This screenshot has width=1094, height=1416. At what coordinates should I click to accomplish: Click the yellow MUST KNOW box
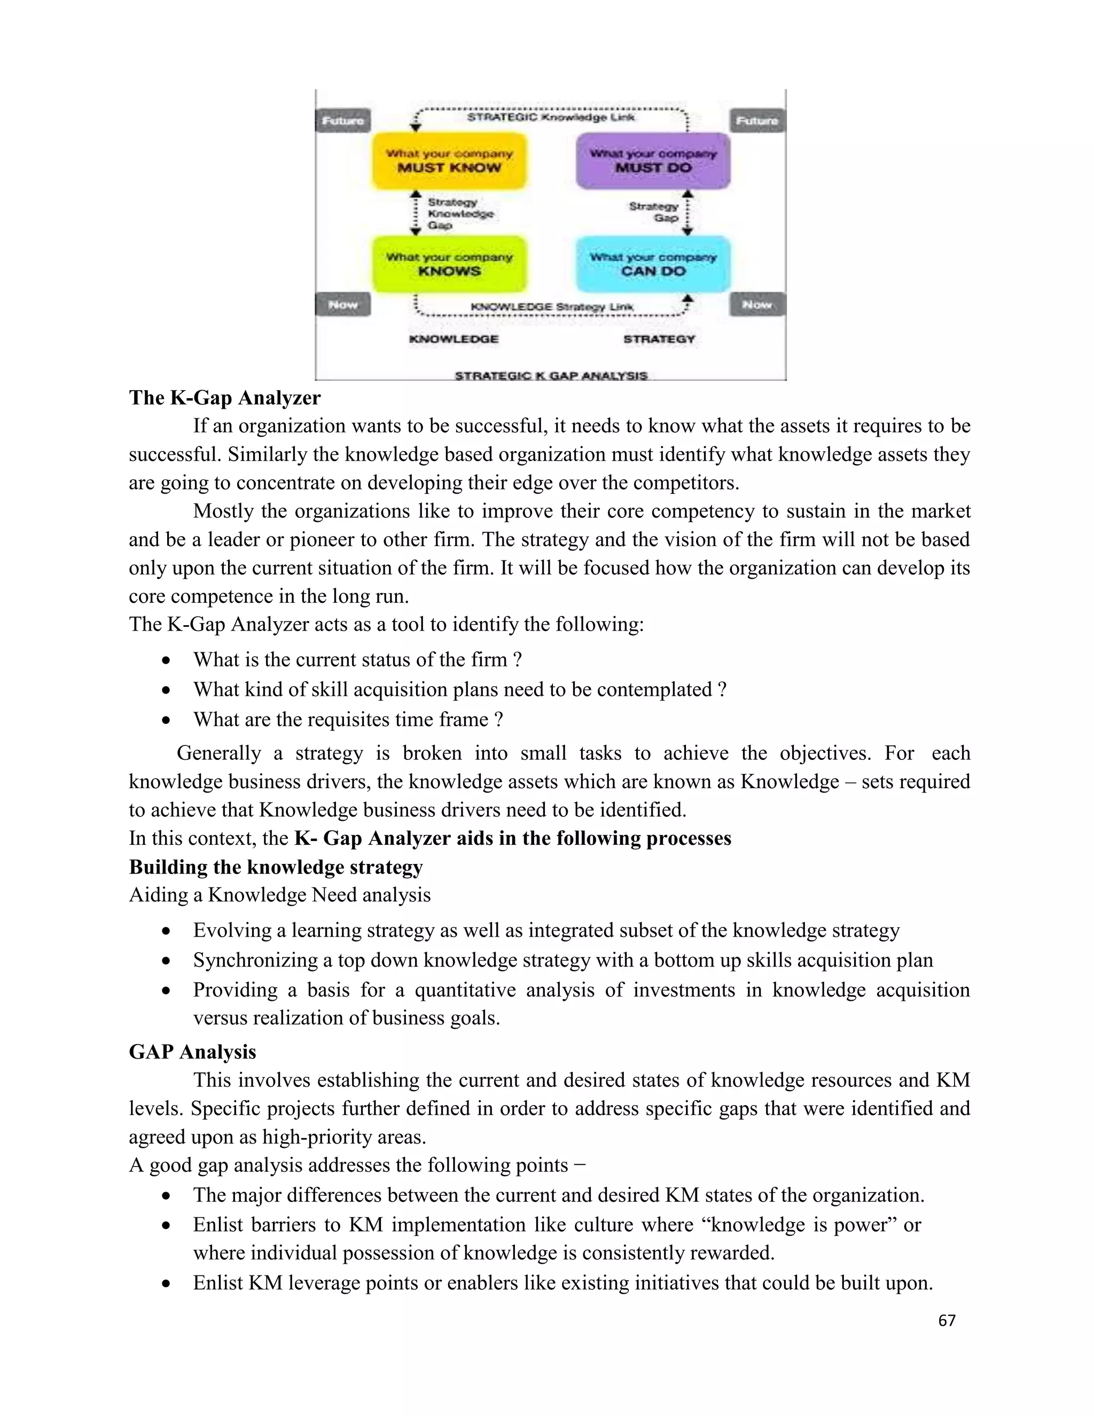point(449,161)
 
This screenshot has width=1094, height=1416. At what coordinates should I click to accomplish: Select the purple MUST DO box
point(653,161)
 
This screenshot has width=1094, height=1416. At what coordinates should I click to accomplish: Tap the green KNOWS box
point(449,264)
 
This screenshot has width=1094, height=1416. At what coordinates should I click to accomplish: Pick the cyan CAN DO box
point(653,264)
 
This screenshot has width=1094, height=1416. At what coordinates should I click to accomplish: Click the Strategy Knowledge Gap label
point(460,214)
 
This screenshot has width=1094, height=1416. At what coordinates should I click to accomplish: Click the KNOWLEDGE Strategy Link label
point(551,307)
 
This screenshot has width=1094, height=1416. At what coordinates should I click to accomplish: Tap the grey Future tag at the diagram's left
point(343,121)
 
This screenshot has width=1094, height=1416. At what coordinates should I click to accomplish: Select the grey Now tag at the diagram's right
point(757,305)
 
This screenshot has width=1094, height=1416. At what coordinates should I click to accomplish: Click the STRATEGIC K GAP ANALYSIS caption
point(551,376)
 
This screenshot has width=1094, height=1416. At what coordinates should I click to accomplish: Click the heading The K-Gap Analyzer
point(224,398)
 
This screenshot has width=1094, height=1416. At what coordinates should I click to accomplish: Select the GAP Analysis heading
point(192,1052)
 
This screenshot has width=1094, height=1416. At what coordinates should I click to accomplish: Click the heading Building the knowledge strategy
point(276,867)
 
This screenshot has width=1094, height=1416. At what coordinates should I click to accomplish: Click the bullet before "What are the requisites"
point(167,720)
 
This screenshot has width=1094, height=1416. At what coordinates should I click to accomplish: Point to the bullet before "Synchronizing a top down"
point(167,960)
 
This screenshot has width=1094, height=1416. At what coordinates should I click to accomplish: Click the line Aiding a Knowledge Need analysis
point(279,894)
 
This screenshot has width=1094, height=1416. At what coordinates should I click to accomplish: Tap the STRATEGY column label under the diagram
point(659,339)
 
